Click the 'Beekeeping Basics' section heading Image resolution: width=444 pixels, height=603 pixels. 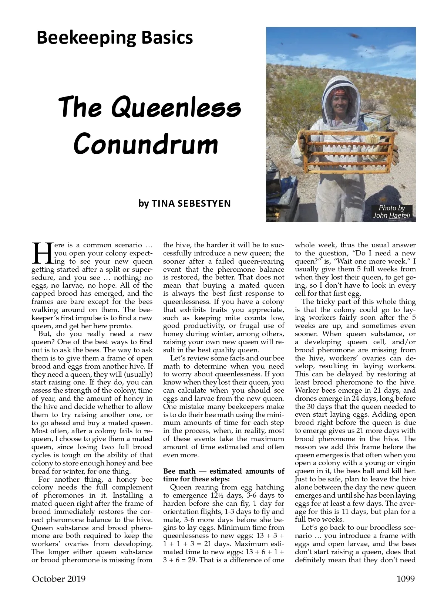tap(115, 38)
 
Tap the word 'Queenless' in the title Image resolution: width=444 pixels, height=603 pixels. tap(176, 107)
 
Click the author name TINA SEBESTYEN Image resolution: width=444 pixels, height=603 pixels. tap(191, 203)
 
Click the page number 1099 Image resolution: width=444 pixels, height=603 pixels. tap(406, 579)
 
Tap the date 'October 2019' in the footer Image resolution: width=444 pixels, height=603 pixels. tap(58, 579)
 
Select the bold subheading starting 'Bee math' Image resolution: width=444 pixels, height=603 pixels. tap(223, 475)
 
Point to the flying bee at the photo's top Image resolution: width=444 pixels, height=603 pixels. tap(354, 35)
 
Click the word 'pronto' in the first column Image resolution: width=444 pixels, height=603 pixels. tap(121, 326)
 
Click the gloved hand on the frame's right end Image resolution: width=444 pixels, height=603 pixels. tap(393, 152)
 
